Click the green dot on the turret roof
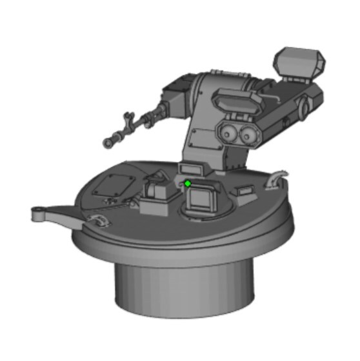[x=188, y=184]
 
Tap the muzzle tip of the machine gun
[x=108, y=141]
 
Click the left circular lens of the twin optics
[x=227, y=133]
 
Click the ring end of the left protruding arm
[x=39, y=213]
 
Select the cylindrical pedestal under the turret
[x=183, y=287]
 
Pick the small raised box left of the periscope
[x=156, y=192]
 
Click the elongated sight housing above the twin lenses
[x=235, y=101]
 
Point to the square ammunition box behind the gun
[x=174, y=101]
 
